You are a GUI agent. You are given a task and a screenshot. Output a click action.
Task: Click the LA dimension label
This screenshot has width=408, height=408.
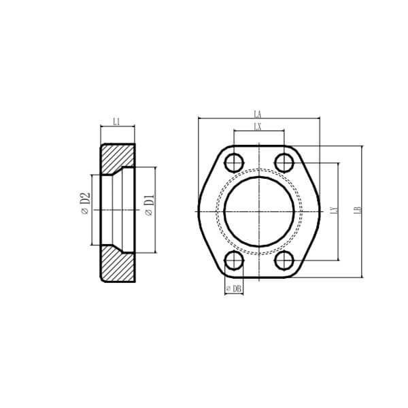[258, 114]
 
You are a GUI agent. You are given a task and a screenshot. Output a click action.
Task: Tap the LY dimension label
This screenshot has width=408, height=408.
[333, 211]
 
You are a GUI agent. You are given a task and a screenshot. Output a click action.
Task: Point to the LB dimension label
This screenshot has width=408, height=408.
[357, 211]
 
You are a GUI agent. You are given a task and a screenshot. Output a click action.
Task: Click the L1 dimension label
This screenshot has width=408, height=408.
[116, 122]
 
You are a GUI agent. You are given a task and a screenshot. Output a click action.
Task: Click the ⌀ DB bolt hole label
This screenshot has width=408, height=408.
[234, 289]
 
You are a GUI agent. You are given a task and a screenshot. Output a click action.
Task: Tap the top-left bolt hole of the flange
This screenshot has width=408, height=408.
[234, 162]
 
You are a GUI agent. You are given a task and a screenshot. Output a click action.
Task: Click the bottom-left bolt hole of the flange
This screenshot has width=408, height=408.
[234, 260]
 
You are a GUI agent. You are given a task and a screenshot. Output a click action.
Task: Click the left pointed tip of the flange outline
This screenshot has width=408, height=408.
[197, 211]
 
